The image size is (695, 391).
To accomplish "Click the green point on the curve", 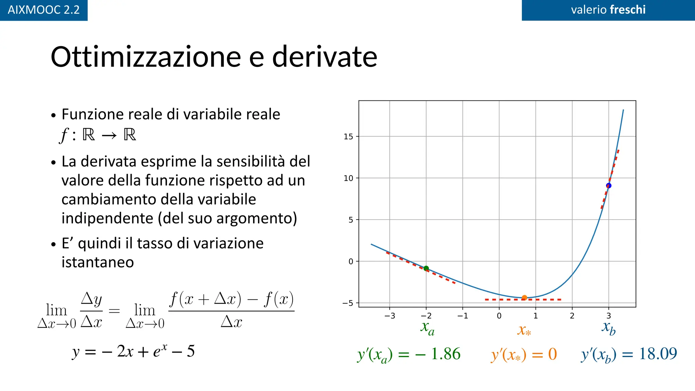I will [426, 268].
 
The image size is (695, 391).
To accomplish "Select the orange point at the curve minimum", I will [524, 298].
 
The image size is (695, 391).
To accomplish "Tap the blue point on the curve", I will [608, 186].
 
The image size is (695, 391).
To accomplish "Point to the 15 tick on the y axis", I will [348, 137].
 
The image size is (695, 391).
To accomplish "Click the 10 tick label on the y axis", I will [348, 178].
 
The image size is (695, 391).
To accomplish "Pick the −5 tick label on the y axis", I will [347, 303].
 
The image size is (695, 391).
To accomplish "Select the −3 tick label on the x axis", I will [390, 316].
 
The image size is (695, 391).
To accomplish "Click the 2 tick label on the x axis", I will [572, 316].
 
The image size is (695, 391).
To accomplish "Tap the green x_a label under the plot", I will [427, 328].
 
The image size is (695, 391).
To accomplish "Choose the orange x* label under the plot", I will [524, 330].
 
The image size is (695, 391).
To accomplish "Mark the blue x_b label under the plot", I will [609, 328].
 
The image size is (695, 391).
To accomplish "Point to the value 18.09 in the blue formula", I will [658, 354].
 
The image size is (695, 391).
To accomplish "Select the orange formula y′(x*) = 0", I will [524, 355].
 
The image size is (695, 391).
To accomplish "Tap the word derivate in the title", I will [324, 57].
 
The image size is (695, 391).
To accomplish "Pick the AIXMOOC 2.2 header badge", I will [44, 10].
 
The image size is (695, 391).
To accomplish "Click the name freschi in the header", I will [627, 10].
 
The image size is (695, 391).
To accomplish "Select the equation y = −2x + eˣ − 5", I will [133, 351].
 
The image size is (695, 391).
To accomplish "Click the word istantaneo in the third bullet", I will [98, 262].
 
